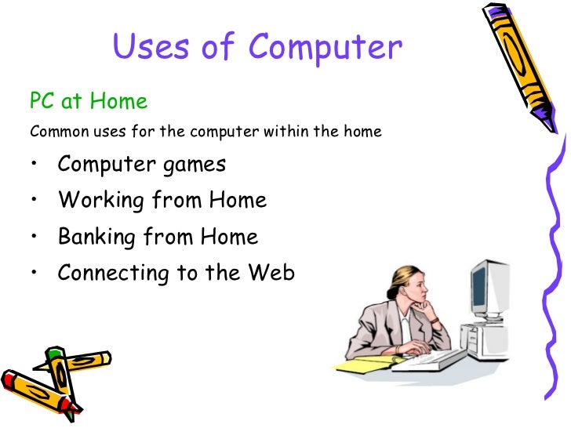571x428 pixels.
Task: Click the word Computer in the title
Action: (x=326, y=48)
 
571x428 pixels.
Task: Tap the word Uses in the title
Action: (x=152, y=48)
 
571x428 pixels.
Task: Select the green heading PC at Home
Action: (x=88, y=101)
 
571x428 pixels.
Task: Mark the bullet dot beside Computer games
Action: (x=35, y=165)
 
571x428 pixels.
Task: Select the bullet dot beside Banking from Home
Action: (x=35, y=236)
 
